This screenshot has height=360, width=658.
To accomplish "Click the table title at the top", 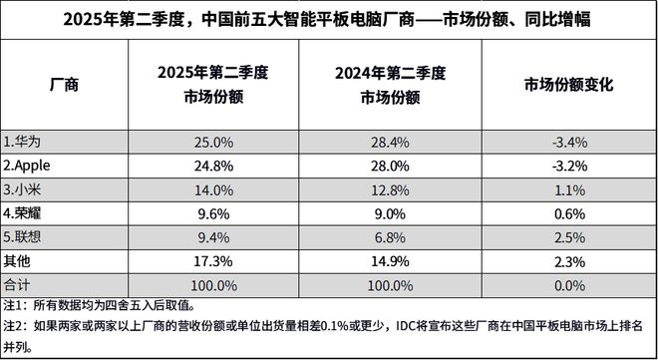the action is coord(327,19).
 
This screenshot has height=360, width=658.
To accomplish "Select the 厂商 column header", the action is coord(64,85).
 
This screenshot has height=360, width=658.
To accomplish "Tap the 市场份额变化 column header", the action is coord(569,85).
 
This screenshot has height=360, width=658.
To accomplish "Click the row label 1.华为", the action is coord(22,142).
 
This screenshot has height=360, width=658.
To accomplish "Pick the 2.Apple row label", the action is coord(27,166).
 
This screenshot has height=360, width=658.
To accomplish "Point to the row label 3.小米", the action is coord(22,190).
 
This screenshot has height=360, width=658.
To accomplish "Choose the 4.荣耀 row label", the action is coord(22,214).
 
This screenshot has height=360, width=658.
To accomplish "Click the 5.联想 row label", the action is coord(22,237).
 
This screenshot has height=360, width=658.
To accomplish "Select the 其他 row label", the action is coord(17,261).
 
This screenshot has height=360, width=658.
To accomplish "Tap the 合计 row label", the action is coord(17,285).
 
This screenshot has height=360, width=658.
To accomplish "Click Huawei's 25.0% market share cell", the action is coord(213,143).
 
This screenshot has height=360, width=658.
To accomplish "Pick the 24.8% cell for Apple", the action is coord(213,167).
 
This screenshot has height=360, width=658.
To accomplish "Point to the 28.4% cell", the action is coord(390,143).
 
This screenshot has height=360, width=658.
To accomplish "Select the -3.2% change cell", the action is coord(569,167).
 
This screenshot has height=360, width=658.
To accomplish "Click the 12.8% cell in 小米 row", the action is coord(390,190).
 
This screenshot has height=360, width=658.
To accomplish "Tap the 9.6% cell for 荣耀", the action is coord(213,214).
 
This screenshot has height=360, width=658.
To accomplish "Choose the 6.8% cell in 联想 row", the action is coord(390,238).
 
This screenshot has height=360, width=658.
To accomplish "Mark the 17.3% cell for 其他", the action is coord(213,262).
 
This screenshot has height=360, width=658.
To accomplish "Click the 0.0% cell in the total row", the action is coord(569,286).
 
